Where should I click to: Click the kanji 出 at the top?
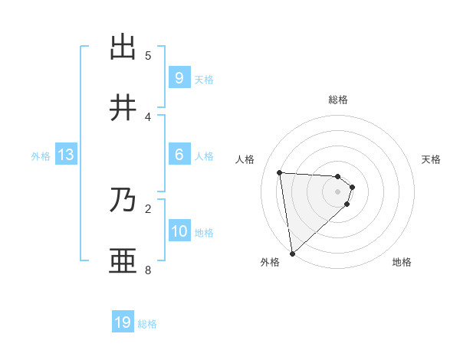pos(123,47)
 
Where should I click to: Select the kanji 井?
pos(123,108)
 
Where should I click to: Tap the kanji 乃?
pos(123,201)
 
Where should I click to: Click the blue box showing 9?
pos(179,77)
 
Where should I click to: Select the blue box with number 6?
pos(179,155)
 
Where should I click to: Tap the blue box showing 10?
pos(179,231)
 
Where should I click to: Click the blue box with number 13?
pos(65,155)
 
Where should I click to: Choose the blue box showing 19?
pos(123,322)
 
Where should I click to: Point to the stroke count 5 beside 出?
pos(148,55)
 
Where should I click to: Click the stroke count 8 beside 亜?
pos(148,270)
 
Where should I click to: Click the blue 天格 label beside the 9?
pos(204,79)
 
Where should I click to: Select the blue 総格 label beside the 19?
pos(147,324)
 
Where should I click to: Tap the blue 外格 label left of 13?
pos(41,156)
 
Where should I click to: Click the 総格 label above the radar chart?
pos(338,100)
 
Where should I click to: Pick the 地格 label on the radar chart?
pos(402,262)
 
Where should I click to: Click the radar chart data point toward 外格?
pos(292,254)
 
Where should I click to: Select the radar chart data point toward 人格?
pos(280,172)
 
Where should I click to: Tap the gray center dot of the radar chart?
pos(338,191)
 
